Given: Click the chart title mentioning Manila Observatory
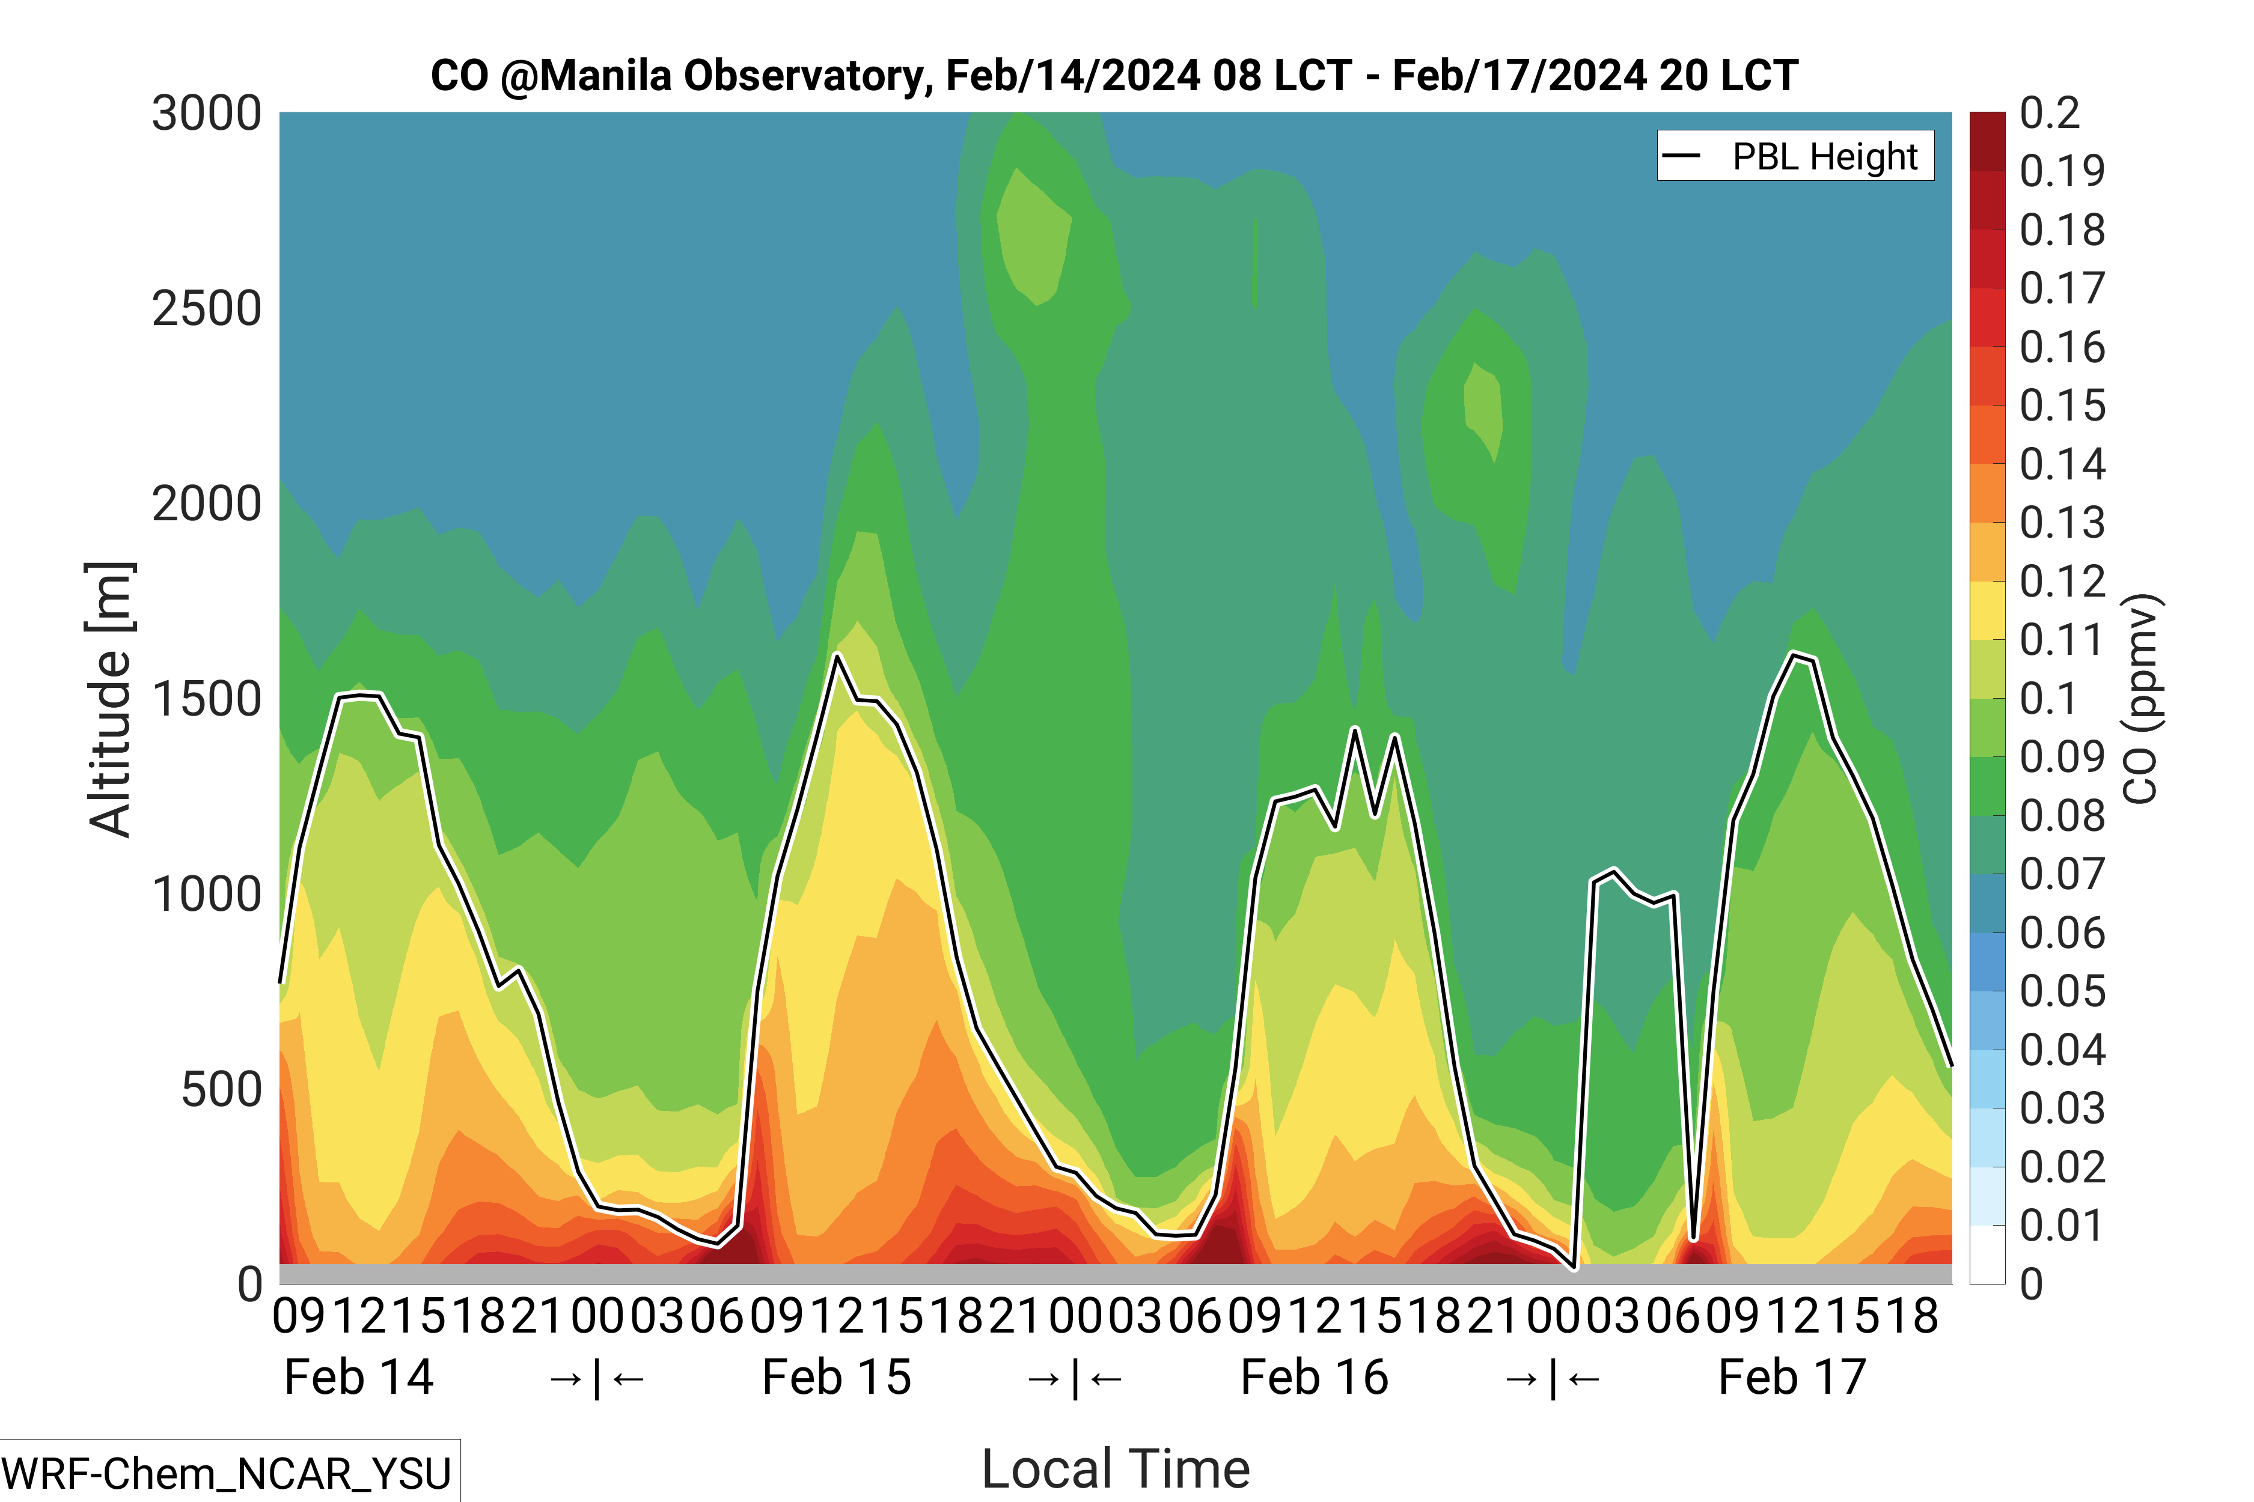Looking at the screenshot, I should point(1114,76).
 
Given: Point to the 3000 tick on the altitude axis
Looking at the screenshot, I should point(206,114).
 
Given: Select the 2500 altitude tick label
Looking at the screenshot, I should point(206,309).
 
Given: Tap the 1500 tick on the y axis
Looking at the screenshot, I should point(206,699).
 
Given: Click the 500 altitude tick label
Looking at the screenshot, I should point(221,1090).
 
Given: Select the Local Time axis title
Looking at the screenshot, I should point(1116,1468).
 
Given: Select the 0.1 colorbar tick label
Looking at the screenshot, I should point(2049,699).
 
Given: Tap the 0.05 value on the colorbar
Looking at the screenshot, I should point(2062,991).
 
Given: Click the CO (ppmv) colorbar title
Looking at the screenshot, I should point(2139,699).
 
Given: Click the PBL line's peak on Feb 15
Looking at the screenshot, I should point(837,655).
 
